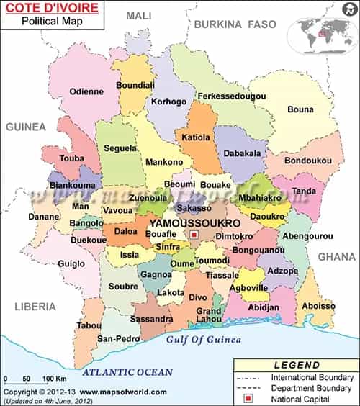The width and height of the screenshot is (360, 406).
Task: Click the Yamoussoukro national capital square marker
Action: tap(194, 234)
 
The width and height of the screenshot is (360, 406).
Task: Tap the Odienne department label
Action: tap(86, 91)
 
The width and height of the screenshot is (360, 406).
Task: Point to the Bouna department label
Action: tap(300, 109)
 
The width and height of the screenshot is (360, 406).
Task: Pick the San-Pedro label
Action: tap(117, 338)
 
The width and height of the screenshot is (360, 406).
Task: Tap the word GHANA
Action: tap(337, 256)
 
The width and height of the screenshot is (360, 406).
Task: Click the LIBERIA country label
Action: tap(35, 307)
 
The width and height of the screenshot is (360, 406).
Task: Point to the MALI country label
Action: tap(139, 15)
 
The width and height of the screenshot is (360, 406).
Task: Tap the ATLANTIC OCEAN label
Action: tap(127, 372)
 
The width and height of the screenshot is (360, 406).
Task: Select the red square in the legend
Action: tap(247, 399)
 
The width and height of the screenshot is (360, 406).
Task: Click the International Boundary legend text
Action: tap(312, 377)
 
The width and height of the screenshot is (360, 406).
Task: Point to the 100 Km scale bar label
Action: tap(55, 378)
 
